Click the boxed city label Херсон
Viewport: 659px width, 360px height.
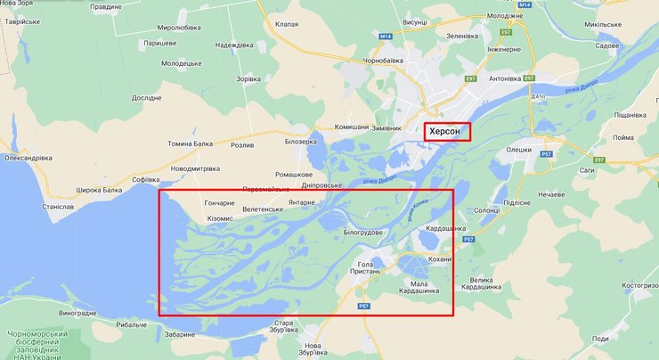[x=447, y=131]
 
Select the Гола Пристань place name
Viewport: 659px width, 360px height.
[x=369, y=268]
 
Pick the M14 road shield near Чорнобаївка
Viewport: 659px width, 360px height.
[x=385, y=36]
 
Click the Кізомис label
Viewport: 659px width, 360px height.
[x=221, y=218]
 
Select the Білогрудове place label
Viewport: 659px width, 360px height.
[x=362, y=233]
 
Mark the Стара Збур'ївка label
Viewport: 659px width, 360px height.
[x=283, y=327]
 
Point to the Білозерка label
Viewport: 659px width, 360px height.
[x=300, y=141]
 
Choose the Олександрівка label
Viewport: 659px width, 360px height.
[x=28, y=158]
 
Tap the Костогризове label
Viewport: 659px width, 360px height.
[x=634, y=285]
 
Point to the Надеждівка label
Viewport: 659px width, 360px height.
[x=234, y=45]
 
